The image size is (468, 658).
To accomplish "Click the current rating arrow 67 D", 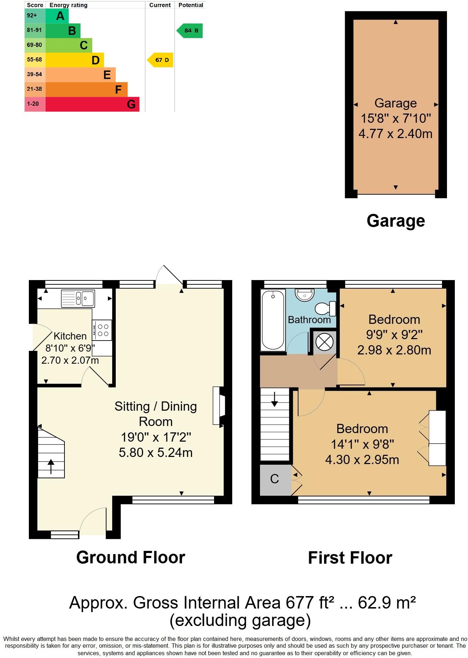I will coord(161,60).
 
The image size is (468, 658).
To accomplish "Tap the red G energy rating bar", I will coord(92,104).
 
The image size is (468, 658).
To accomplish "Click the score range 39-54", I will coord(35,74).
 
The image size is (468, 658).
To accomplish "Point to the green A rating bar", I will coord(57,16).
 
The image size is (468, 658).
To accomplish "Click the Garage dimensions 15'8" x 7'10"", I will coord(395,118).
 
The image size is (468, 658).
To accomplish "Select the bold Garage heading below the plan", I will coord(395,221).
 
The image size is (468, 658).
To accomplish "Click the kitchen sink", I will coord(78,298).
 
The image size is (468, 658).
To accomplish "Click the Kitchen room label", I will coord(70,336).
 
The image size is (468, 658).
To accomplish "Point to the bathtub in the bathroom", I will coord(273,320).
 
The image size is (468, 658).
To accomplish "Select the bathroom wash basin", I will coord(305,295).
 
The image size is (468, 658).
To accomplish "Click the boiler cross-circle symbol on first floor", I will coord(324,342).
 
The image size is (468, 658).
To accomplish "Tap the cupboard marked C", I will coord(274,479).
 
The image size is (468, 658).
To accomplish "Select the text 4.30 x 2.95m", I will coord(362,459).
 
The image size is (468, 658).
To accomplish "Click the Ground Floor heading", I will coord(131,557).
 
